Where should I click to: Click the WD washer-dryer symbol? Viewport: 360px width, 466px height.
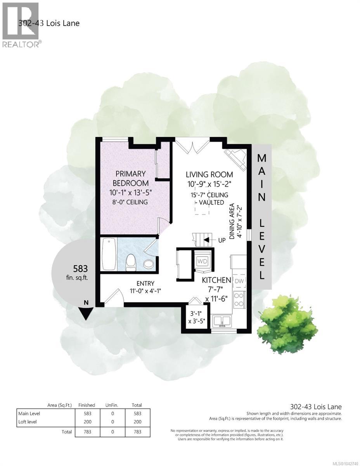click(202, 261)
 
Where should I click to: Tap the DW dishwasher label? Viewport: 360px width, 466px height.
click(239, 280)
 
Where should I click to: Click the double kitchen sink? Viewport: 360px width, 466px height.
click(222, 321)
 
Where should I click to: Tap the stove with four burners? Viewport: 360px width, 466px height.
click(239, 299)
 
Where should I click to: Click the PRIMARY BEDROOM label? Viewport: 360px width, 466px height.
click(131, 178)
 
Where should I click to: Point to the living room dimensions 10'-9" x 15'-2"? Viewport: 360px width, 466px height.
click(209, 184)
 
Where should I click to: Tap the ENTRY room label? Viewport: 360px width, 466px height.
click(145, 283)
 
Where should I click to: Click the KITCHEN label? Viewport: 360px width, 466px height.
click(216, 280)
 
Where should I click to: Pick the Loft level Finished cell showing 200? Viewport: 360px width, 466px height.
click(88, 422)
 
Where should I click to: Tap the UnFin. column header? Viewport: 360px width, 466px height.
click(112, 405)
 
